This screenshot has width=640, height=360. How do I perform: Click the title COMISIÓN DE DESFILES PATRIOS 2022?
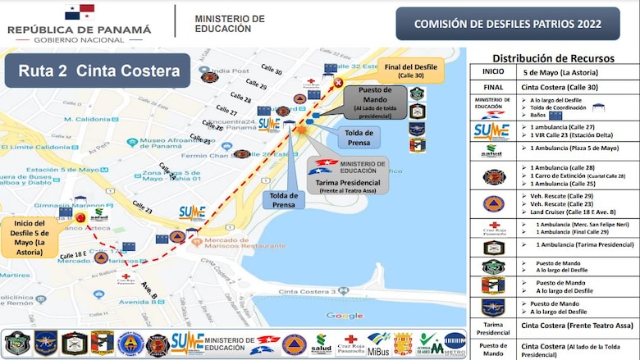(507, 24)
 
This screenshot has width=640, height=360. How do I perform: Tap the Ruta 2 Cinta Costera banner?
(98, 71)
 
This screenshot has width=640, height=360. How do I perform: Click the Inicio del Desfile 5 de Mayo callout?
(30, 237)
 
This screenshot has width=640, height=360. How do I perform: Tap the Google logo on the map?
(345, 316)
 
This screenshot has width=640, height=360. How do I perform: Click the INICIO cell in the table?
(492, 71)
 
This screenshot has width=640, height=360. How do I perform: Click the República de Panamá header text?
(80, 30)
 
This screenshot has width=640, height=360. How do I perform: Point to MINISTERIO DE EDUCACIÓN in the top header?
(230, 23)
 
